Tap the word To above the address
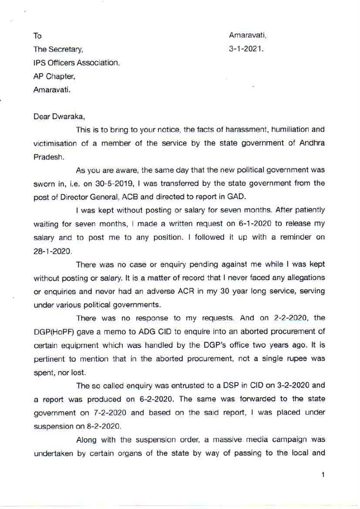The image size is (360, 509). point(37,36)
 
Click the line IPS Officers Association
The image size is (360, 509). point(76,63)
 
